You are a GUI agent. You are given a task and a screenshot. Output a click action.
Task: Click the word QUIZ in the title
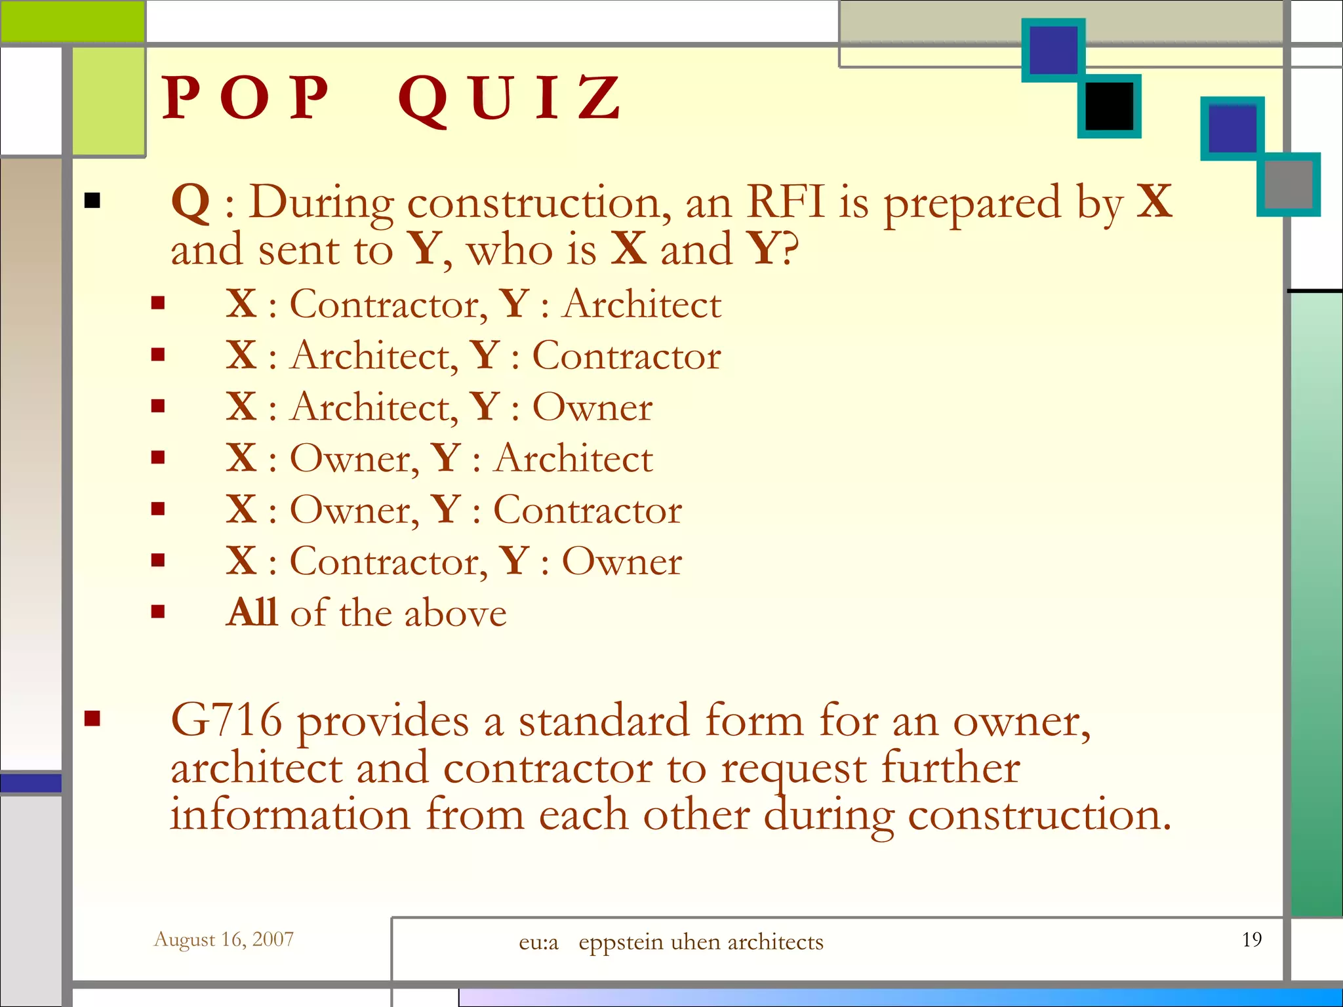(x=510, y=98)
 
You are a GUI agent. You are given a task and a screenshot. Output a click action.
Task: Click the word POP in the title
(x=245, y=98)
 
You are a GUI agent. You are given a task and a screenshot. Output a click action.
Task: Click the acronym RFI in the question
(x=785, y=202)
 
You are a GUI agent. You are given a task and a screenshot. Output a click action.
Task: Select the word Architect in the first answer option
(x=642, y=305)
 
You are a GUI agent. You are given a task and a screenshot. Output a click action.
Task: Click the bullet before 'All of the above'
(x=157, y=612)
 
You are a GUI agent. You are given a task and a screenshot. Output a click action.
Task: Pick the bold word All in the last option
(x=252, y=612)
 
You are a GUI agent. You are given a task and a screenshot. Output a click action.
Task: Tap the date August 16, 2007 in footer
(x=224, y=939)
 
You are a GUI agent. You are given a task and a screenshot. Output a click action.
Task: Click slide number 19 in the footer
(x=1251, y=939)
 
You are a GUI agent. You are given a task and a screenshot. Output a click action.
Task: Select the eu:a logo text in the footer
(x=538, y=942)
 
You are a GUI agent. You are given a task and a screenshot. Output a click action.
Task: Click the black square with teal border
(x=1110, y=106)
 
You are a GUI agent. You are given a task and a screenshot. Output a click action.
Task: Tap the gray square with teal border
(x=1289, y=184)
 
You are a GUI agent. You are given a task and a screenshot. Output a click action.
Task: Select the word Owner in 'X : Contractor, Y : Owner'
(x=622, y=562)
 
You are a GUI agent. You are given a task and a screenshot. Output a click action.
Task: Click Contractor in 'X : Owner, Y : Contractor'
(x=587, y=510)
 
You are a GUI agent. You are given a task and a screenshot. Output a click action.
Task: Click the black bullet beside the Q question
(x=92, y=201)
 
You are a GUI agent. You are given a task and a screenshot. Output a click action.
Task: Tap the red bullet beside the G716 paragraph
(x=92, y=719)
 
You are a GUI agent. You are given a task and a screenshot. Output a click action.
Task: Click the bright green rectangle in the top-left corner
(x=72, y=21)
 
